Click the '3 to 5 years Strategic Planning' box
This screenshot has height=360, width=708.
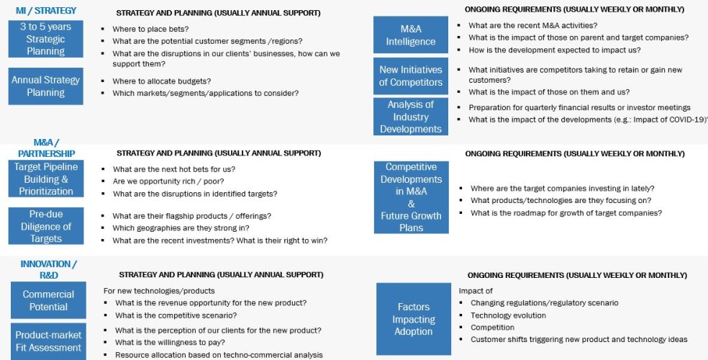pyautogui.click(x=45, y=39)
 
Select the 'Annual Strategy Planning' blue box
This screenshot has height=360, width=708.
pyautogui.click(x=45, y=86)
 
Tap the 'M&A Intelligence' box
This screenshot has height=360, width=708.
pyautogui.click(x=411, y=35)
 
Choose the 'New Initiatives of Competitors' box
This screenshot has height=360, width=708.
pyautogui.click(x=411, y=76)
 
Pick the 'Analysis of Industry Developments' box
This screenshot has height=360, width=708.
pyautogui.click(x=411, y=117)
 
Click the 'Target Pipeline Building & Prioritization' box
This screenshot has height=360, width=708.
pyautogui.click(x=46, y=179)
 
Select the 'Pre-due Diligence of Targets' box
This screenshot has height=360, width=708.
pyautogui.click(x=46, y=226)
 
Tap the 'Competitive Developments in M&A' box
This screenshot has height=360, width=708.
pyautogui.click(x=411, y=197)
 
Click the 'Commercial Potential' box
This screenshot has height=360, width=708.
pyautogui.click(x=48, y=300)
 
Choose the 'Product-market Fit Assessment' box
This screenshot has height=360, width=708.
pyautogui.click(x=48, y=341)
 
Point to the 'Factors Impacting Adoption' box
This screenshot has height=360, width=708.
pyautogui.click(x=413, y=319)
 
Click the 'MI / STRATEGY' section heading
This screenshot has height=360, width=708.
pyautogui.click(x=46, y=11)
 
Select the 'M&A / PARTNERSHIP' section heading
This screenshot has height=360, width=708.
pyautogui.click(x=46, y=148)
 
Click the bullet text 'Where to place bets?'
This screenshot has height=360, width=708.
pyautogui.click(x=150, y=30)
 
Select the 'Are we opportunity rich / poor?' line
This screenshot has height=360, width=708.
pyautogui.click(x=168, y=181)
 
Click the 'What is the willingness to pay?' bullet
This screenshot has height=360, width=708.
pyautogui.click(x=170, y=343)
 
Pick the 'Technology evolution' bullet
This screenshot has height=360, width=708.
pyautogui.click(x=508, y=315)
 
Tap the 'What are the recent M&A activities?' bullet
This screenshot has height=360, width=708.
pyautogui.click(x=533, y=25)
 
